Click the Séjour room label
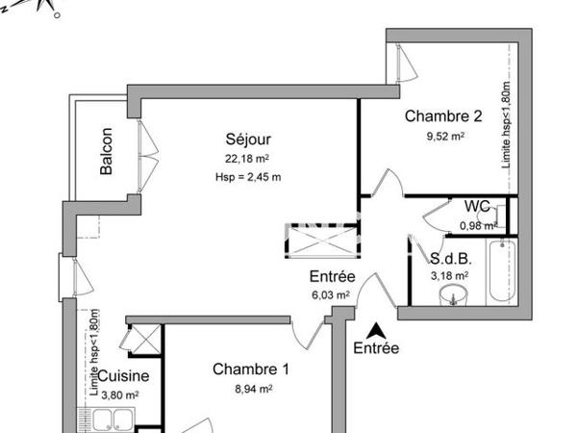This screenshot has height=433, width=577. tap(237, 140)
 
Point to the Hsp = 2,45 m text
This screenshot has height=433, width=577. tap(248, 176)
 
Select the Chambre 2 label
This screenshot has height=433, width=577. tap(442, 117)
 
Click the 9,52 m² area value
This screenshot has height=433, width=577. tap(445, 137)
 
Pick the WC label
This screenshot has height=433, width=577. tap(477, 207)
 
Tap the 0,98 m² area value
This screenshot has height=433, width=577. tap(478, 225)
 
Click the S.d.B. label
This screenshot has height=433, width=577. tap(449, 259)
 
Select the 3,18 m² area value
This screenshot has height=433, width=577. tap(449, 276)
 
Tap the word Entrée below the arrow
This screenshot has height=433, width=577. tap(376, 348)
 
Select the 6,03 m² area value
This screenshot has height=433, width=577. tap(329, 295)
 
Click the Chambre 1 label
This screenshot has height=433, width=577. tap(250, 369)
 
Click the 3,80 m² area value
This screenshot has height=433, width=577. tap(121, 394)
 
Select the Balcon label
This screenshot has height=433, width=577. tap(106, 152)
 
